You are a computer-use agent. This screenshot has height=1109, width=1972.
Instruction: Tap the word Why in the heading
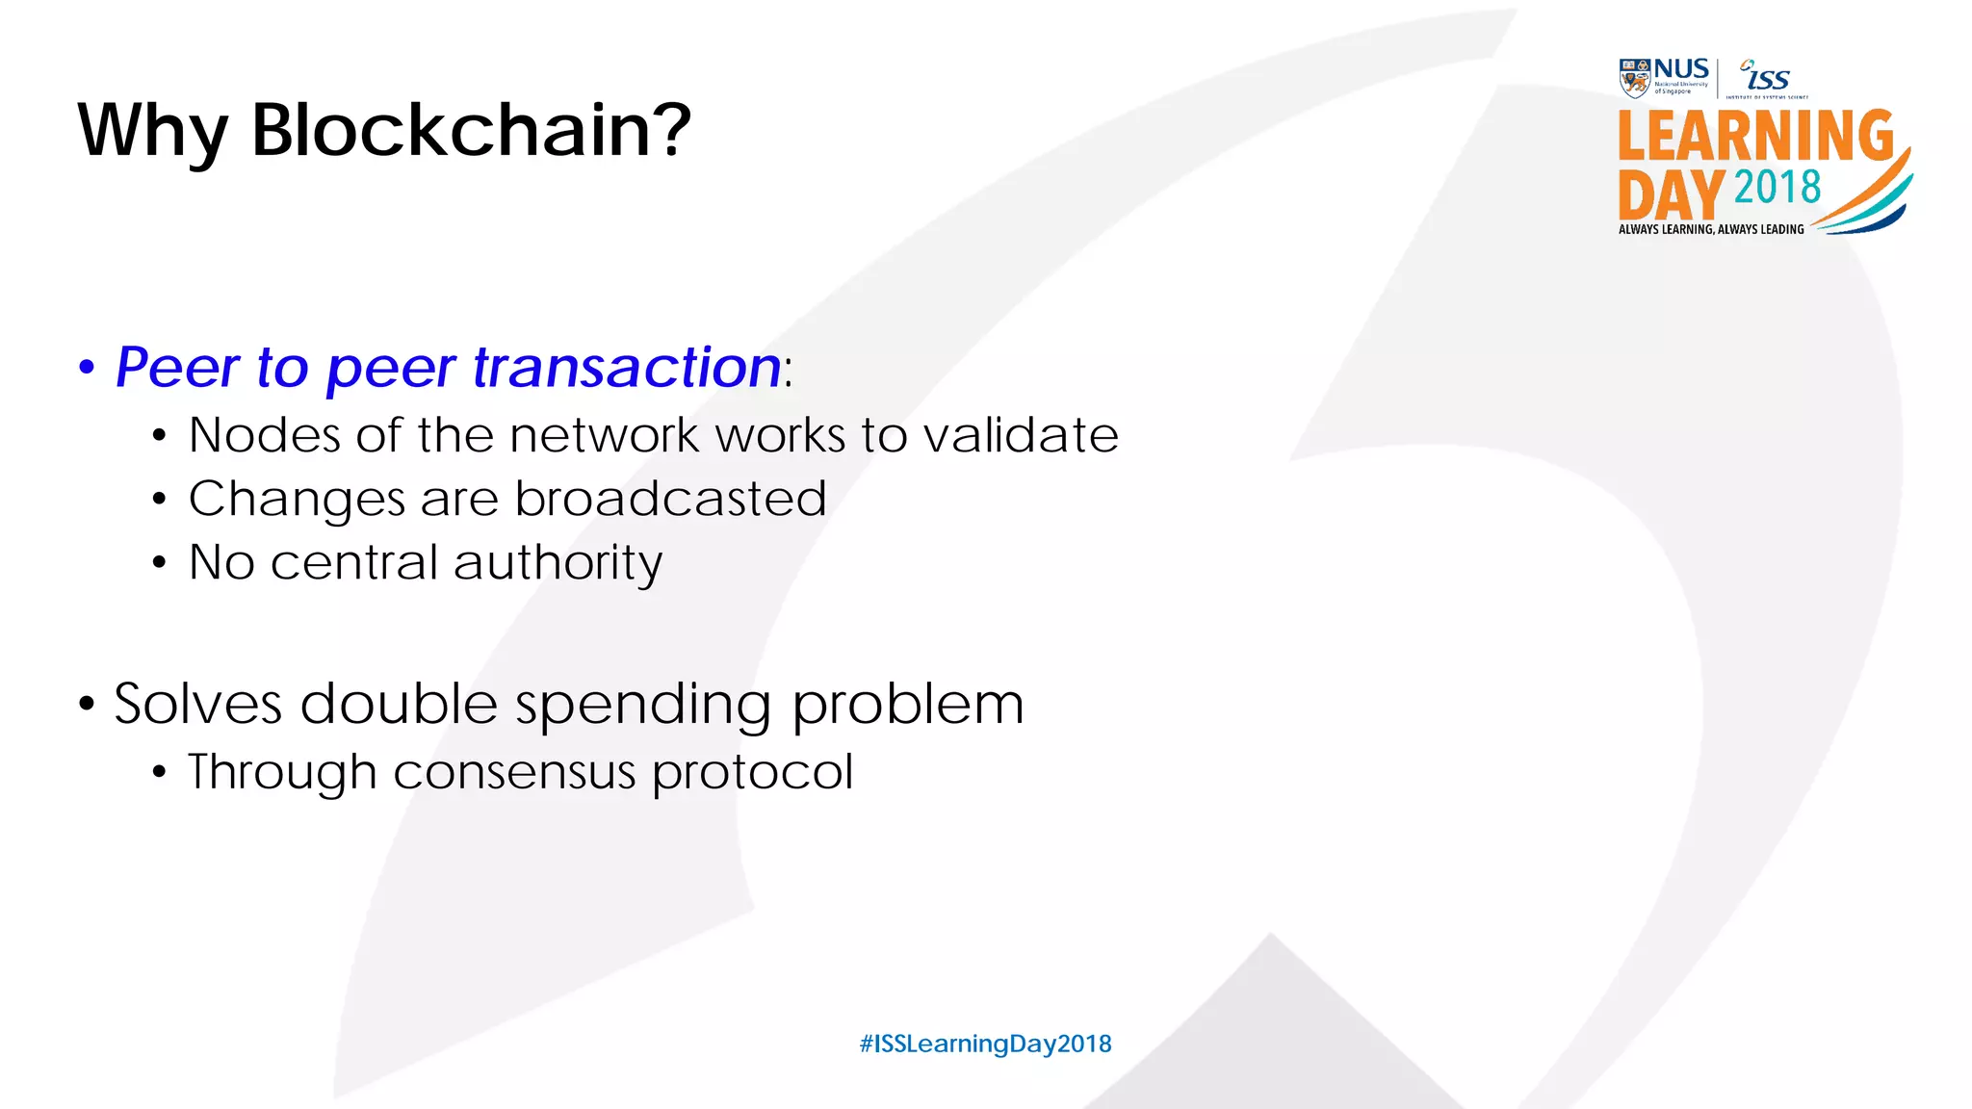[x=152, y=133]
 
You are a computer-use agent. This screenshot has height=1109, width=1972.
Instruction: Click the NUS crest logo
[x=1634, y=78]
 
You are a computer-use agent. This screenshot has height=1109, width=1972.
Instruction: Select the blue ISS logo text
[x=1766, y=77]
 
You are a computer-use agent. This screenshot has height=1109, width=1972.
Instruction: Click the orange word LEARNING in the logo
[x=1755, y=136]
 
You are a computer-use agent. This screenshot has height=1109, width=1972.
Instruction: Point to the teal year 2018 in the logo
[x=1777, y=187]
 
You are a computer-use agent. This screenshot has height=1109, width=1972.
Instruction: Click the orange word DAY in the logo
[x=1671, y=195]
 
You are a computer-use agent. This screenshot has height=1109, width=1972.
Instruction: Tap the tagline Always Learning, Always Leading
[x=1711, y=229]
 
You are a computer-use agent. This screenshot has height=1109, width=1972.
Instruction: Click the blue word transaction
[x=627, y=367]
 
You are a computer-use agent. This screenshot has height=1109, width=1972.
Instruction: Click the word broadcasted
[x=670, y=499]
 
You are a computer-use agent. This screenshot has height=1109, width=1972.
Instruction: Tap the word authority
[x=558, y=563]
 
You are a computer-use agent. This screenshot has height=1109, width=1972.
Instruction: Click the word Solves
[x=197, y=704]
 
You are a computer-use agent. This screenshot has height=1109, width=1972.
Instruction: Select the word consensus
[x=514, y=772]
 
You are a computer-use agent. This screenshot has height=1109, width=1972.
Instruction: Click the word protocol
[x=752, y=773]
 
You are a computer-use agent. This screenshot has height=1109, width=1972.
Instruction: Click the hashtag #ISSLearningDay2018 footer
[x=985, y=1044]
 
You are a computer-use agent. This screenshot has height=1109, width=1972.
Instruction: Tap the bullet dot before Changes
[x=159, y=499]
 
